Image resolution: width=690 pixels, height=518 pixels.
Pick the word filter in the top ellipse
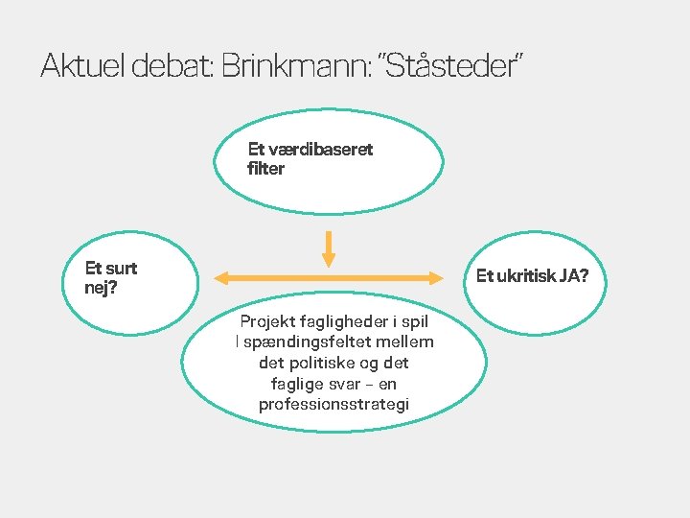(266, 169)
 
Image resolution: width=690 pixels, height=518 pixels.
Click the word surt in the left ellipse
(121, 269)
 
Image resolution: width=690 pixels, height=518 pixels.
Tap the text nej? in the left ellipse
(102, 287)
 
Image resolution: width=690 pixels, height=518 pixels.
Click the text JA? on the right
(575, 276)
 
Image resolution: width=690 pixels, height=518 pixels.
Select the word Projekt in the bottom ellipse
(267, 322)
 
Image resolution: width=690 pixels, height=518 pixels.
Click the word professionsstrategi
(333, 405)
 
